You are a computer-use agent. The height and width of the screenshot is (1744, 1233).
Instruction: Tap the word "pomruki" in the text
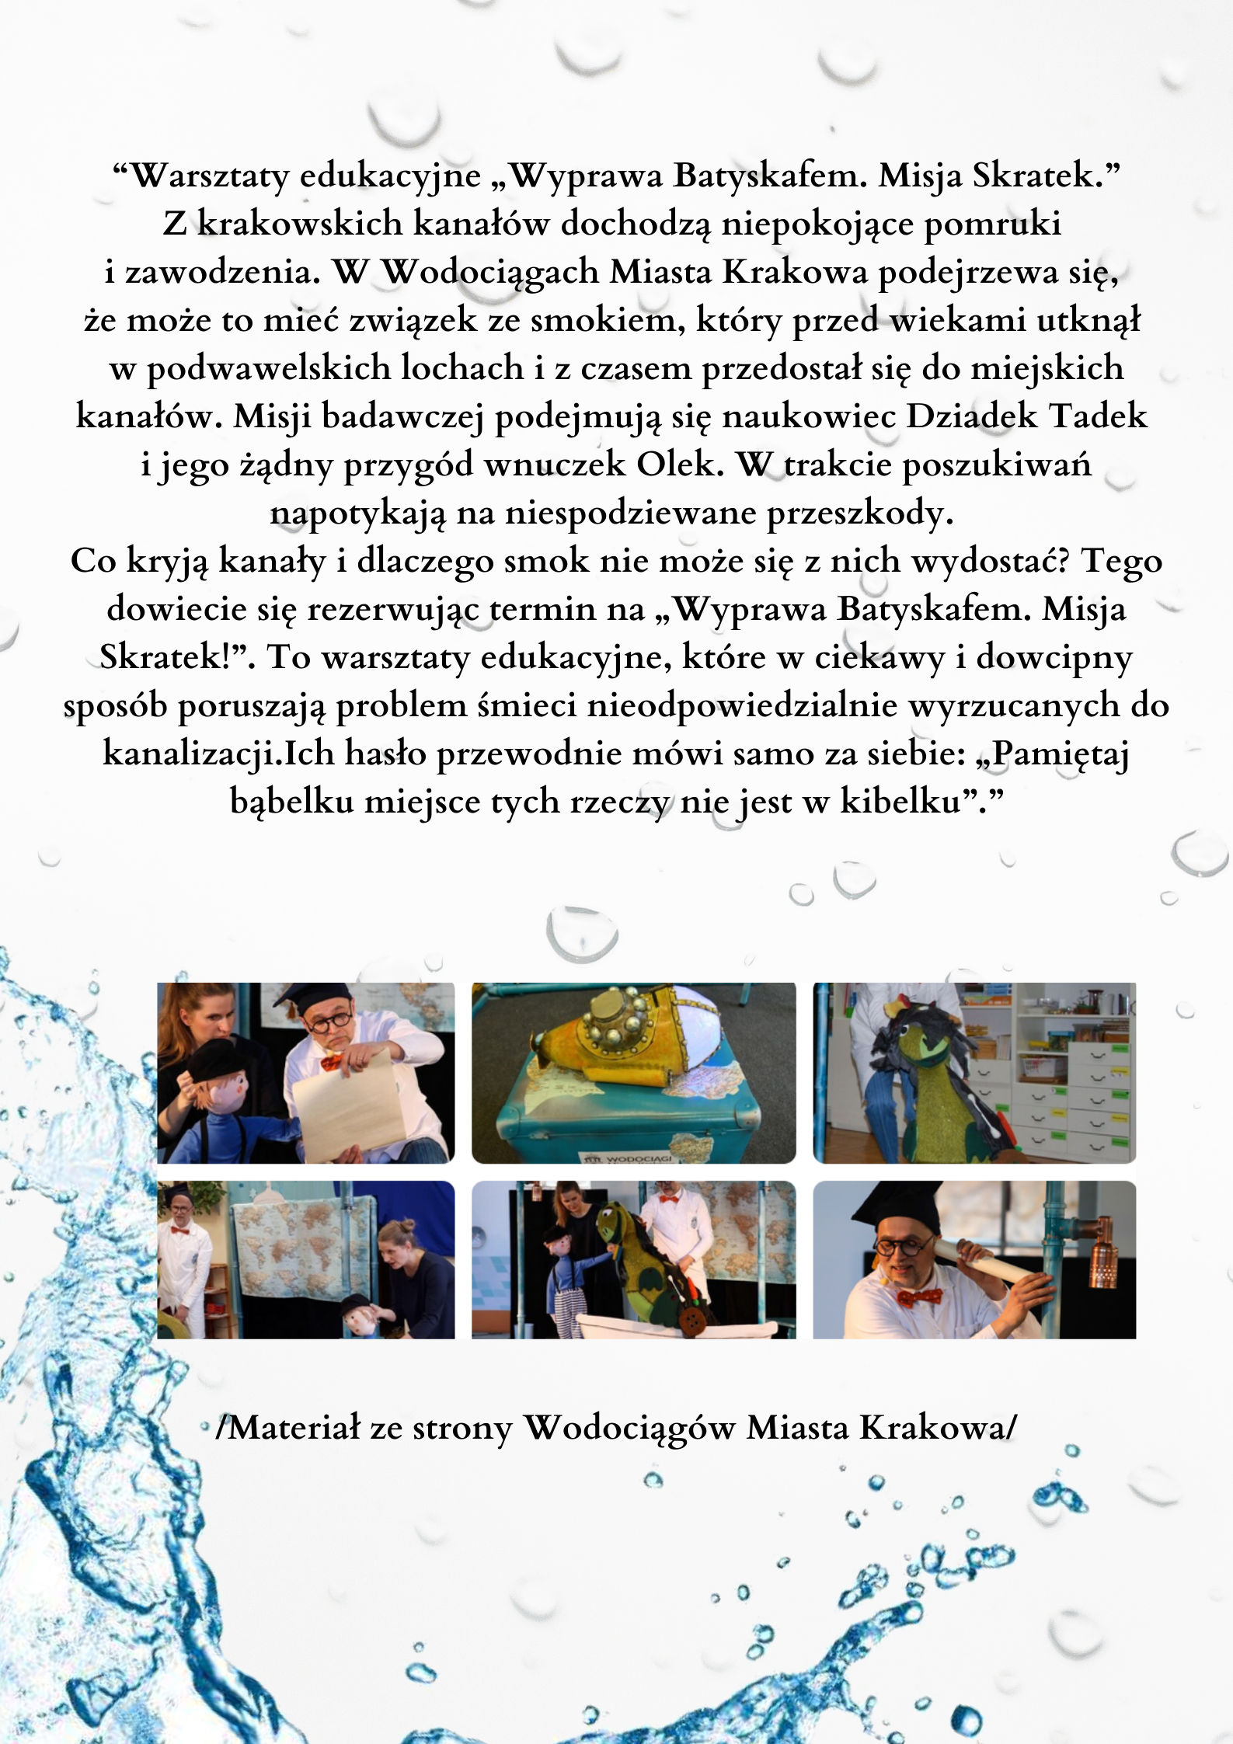[x=992, y=224]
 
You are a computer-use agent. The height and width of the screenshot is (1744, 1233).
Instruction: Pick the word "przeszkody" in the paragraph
[x=859, y=513]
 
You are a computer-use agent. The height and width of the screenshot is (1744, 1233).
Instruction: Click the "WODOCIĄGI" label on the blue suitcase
[x=636, y=1159]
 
